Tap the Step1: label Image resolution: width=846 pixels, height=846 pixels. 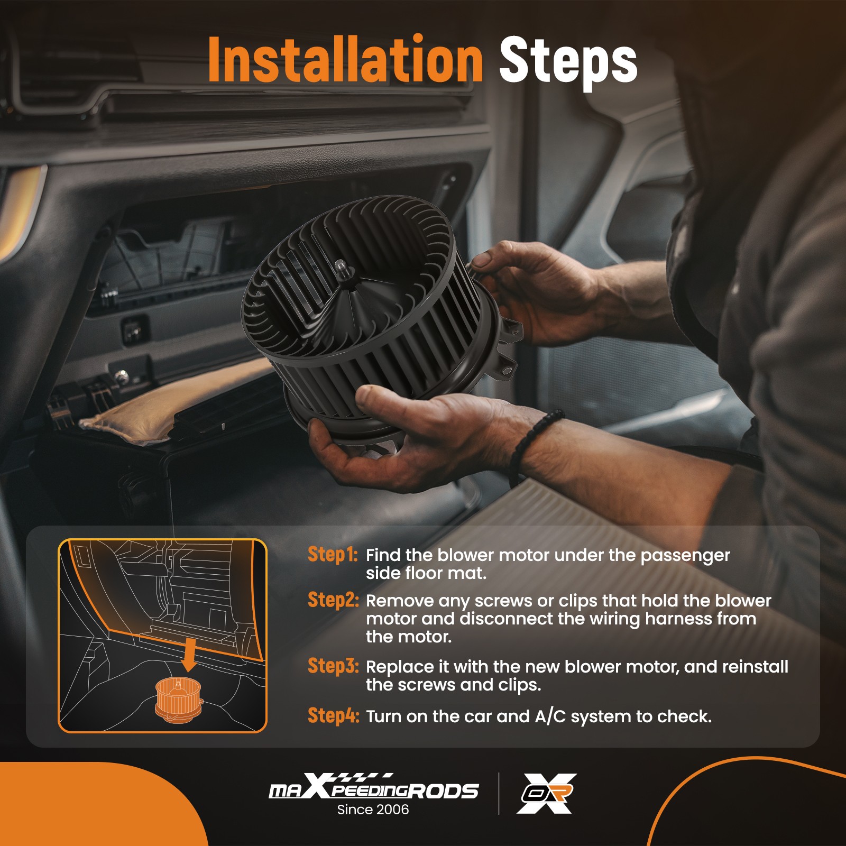333,554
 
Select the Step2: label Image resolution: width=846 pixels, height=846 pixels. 334,600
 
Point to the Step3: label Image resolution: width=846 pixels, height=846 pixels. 334,666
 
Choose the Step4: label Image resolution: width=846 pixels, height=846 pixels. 334,715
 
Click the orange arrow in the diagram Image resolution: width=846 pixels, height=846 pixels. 189,656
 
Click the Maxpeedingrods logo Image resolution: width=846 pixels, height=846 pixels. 374,786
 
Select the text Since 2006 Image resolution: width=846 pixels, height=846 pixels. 373,810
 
